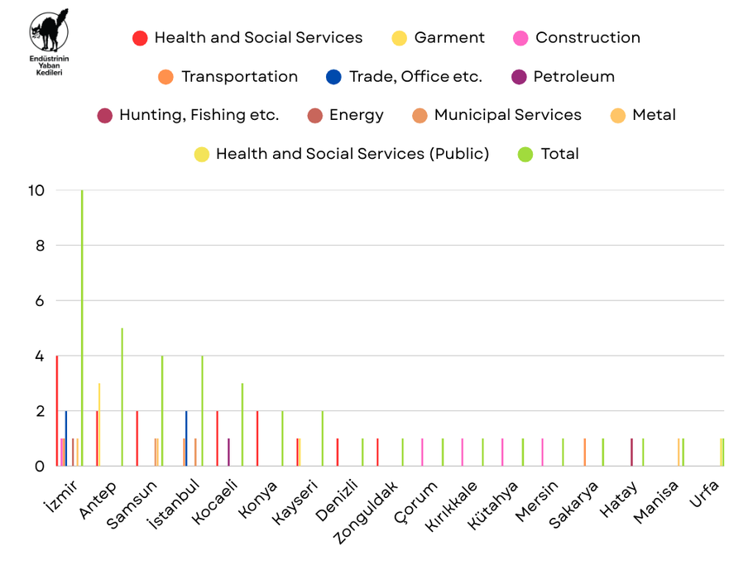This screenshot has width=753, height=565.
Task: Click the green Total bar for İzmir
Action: click(x=82, y=331)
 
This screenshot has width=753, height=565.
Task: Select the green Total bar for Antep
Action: click(x=122, y=397)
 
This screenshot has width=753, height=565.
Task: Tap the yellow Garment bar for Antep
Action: click(x=99, y=426)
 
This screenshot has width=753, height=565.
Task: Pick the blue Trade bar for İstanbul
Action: click(x=186, y=438)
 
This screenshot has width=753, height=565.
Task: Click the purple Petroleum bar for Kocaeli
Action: click(x=228, y=452)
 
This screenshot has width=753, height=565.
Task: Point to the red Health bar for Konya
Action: click(x=257, y=438)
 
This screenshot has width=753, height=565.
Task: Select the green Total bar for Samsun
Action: click(x=162, y=411)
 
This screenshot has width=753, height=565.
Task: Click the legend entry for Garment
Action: click(x=439, y=38)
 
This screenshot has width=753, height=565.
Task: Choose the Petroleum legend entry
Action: click(x=563, y=77)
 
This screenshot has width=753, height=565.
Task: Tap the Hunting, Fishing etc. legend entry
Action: click(x=189, y=115)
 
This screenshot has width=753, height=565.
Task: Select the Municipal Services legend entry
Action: click(x=496, y=115)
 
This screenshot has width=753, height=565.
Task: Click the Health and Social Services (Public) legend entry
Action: click(x=341, y=154)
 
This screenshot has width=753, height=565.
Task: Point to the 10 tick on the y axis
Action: click(x=36, y=190)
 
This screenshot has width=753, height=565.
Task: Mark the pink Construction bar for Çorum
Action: click(x=422, y=452)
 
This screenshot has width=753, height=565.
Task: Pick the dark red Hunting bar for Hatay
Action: click(x=631, y=452)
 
